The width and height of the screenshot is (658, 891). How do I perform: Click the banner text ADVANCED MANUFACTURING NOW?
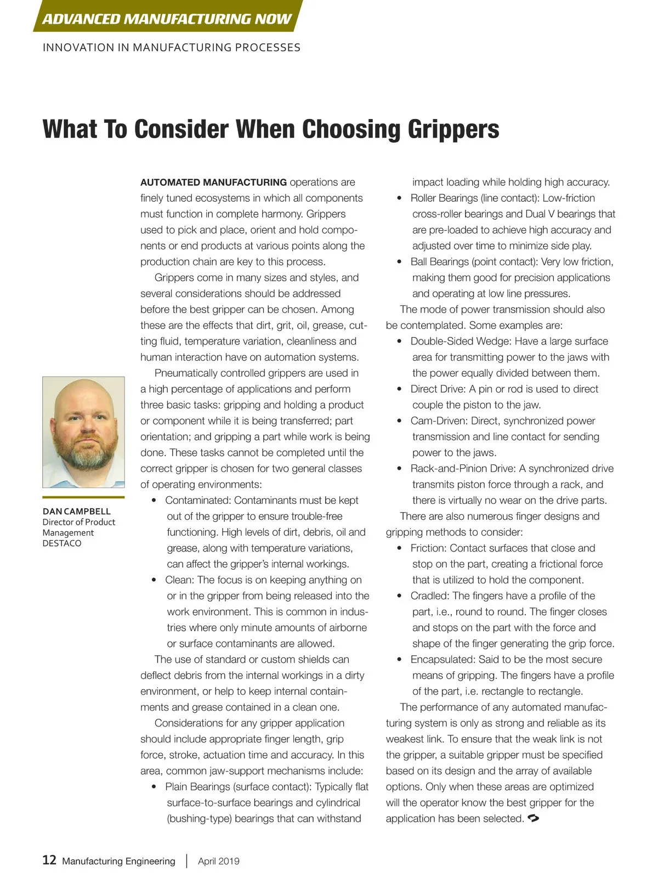[167, 19]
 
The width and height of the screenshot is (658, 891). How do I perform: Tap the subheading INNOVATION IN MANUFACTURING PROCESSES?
[171, 48]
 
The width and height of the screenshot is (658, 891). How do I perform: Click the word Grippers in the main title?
[453, 129]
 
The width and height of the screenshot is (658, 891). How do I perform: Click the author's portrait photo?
[83, 432]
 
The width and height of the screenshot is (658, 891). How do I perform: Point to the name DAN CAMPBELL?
[76, 511]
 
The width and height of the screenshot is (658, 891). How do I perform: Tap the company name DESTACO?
[62, 543]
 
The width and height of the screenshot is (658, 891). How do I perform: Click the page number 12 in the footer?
[49, 860]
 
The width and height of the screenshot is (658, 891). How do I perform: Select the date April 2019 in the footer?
[218, 861]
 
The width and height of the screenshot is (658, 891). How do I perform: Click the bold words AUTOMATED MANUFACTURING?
[213, 182]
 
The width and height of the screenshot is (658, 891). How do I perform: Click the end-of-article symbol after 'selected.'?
[532, 818]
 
